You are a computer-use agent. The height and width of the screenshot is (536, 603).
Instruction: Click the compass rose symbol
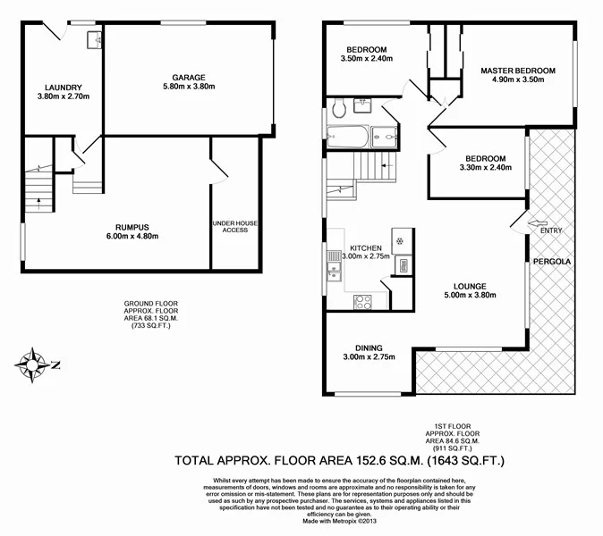point(33,363)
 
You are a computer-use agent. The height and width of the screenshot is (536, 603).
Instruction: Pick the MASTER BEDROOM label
point(518,71)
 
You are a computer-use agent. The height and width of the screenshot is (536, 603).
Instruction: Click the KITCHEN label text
point(367,247)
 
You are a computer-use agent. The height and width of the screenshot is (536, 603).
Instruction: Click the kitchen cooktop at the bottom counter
point(363,299)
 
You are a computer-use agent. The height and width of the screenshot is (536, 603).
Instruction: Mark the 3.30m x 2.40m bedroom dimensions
point(482,168)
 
